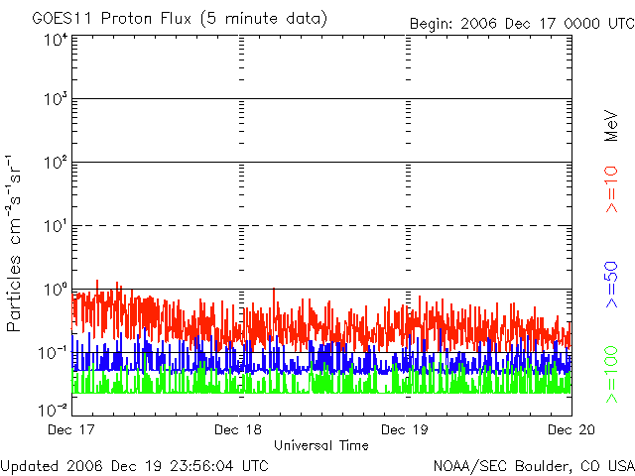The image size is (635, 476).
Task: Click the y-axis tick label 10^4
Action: (57, 41)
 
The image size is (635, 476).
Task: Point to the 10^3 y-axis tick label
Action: (57, 99)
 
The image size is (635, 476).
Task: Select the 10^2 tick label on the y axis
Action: (57, 163)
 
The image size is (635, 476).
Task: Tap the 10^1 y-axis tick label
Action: (57, 226)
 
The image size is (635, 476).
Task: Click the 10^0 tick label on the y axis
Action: (57, 290)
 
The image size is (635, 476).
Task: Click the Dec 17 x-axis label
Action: (71, 429)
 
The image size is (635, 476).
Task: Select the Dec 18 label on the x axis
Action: (238, 429)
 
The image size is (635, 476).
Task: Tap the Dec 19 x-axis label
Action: (405, 429)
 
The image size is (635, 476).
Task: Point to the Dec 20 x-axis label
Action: (571, 429)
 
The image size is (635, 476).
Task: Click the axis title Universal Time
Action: (321, 445)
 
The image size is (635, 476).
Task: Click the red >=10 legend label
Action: (611, 189)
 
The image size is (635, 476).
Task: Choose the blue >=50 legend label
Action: (611, 285)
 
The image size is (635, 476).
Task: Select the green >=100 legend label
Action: (611, 375)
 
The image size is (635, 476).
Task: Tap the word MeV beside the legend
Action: (611, 126)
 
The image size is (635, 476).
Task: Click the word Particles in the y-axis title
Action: (14, 294)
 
